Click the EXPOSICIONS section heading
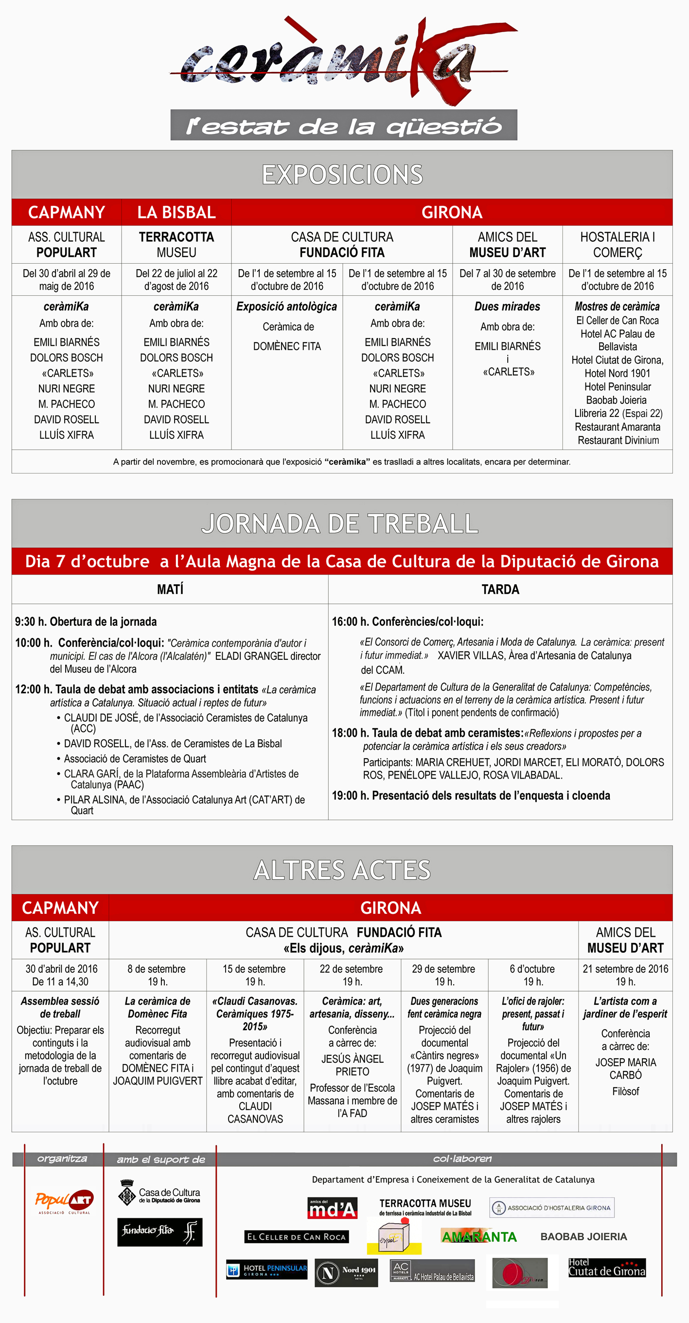[x=342, y=175]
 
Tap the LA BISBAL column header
[x=176, y=212]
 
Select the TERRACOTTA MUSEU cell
[x=176, y=244]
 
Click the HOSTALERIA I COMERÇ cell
[x=617, y=244]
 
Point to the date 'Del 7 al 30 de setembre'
[x=507, y=279]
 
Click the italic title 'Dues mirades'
[x=507, y=307]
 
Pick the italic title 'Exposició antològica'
[x=286, y=307]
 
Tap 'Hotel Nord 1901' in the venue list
[x=617, y=373]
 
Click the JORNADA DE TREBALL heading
[x=340, y=524]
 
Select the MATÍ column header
[x=170, y=589]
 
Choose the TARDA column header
[x=500, y=589]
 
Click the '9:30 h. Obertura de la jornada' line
[x=86, y=621]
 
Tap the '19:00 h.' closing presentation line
[x=471, y=796]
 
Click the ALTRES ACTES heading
[x=342, y=870]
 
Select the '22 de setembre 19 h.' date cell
[x=351, y=975]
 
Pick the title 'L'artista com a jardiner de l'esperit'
[x=625, y=1007]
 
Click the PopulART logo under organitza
[x=64, y=1202]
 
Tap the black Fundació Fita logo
[x=159, y=1232]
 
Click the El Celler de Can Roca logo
[x=296, y=1237]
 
